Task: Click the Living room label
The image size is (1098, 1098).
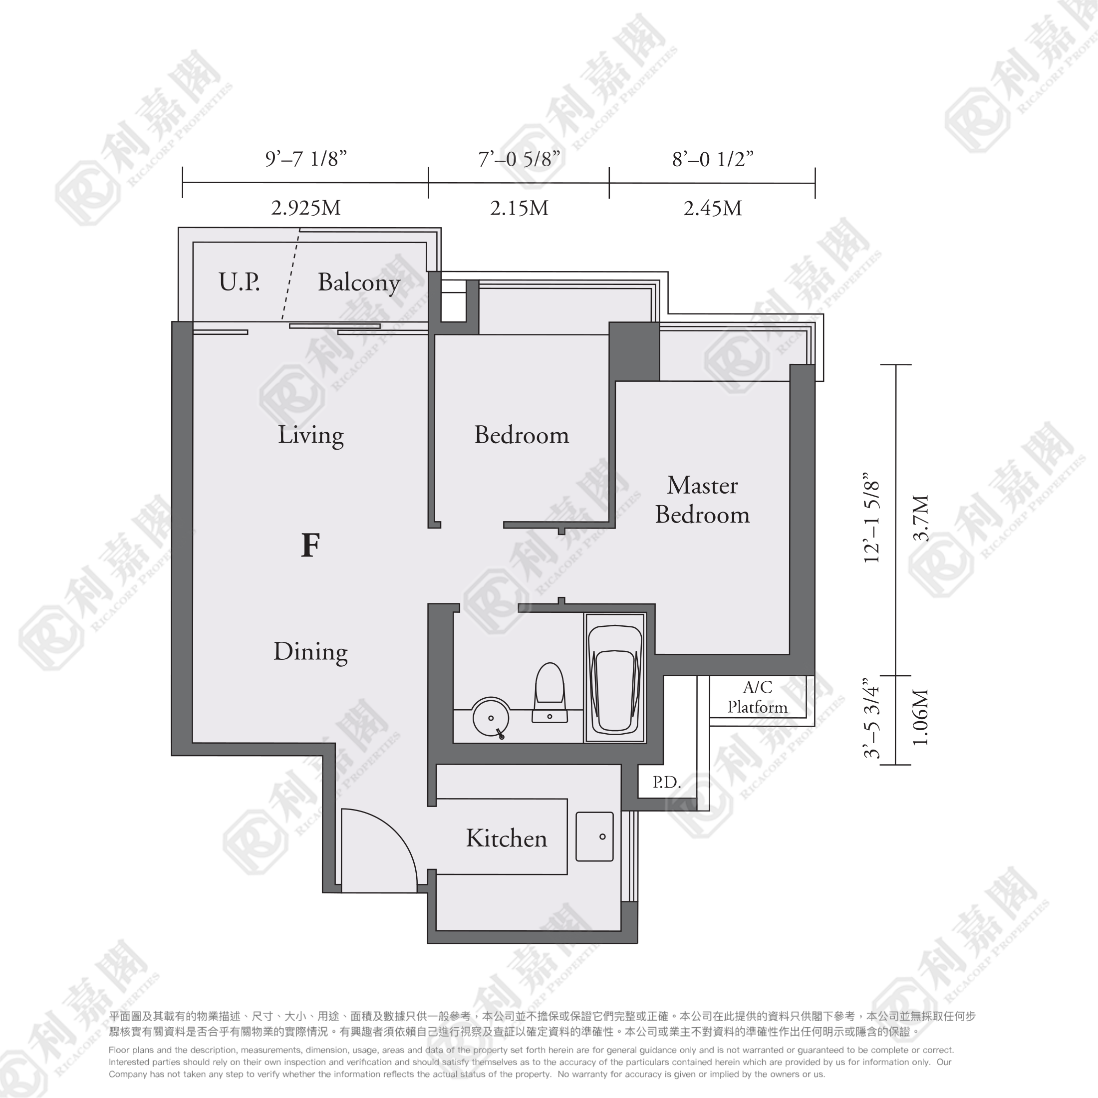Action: [311, 436]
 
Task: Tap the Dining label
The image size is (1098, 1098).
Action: [310, 652]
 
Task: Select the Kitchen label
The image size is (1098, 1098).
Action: [507, 838]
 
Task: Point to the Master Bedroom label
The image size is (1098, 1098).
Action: [702, 500]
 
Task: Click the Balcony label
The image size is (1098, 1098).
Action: [359, 283]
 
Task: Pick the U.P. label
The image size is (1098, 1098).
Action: [239, 282]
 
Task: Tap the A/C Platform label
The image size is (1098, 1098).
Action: [758, 697]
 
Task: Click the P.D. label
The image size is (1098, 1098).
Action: [667, 783]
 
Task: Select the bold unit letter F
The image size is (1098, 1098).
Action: [310, 545]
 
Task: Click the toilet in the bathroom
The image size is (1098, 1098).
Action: [549, 693]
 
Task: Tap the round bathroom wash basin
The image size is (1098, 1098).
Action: [491, 718]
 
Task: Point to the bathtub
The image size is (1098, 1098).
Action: [615, 677]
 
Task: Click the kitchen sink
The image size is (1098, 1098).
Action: [594, 836]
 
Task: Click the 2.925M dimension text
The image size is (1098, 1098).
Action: [306, 208]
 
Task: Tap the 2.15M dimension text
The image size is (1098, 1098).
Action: [520, 208]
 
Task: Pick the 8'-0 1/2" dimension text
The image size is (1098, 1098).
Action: [713, 159]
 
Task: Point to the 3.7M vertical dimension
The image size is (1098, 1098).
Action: [921, 518]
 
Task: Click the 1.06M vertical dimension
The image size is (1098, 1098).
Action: [921, 717]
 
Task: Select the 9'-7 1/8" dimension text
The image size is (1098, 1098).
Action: [306, 159]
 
